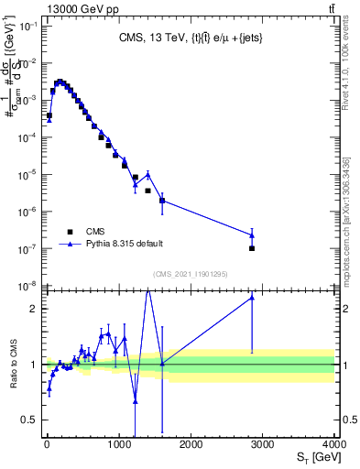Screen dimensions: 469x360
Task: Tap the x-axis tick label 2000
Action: [x=191, y=445]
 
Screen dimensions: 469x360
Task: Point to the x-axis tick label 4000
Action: [x=333, y=445]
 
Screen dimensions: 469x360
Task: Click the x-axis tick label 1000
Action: [x=118, y=445]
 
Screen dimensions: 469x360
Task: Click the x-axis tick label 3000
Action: [x=263, y=445]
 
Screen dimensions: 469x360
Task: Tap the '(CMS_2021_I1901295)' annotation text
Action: [x=191, y=274]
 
